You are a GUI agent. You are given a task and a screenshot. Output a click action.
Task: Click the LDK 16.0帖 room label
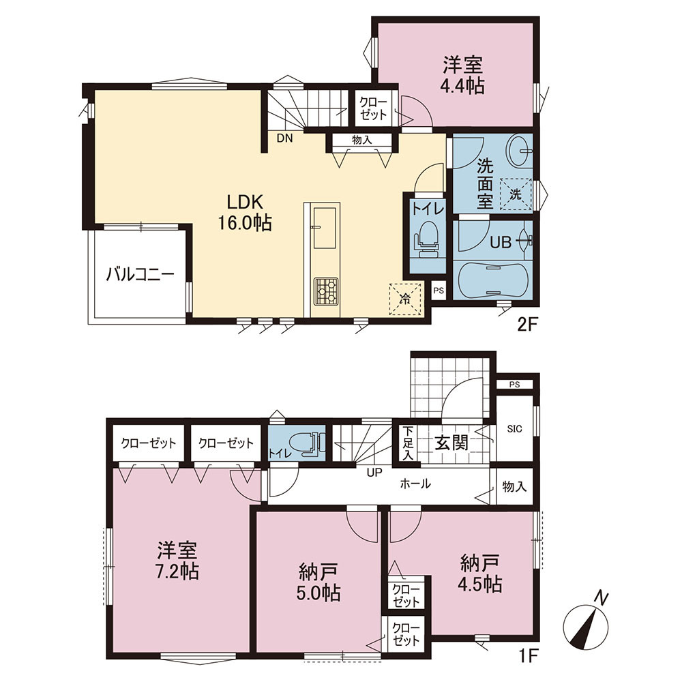245,212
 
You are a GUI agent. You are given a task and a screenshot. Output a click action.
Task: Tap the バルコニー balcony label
140,274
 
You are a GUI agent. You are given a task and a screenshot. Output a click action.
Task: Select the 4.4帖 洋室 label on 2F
463,75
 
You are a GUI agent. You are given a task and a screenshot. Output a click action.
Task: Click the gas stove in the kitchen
326,290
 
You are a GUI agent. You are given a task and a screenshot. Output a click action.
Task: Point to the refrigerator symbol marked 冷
405,299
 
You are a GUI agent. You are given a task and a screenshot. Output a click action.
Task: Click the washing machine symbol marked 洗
516,194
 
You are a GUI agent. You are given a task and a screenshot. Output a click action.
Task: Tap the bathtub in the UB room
492,280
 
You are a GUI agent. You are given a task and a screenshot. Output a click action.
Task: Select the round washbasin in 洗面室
518,151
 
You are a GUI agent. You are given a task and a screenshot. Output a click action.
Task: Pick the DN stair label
285,138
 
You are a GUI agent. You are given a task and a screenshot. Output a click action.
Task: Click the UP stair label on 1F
374,473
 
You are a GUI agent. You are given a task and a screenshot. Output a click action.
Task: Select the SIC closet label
514,429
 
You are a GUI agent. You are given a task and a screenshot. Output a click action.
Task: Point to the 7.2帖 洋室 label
177,561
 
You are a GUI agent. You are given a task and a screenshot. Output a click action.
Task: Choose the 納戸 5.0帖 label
318,582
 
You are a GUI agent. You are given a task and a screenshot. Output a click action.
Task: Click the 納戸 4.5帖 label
479,574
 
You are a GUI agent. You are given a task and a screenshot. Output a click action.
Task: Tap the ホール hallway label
415,484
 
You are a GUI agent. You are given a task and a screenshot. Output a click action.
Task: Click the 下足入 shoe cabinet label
407,443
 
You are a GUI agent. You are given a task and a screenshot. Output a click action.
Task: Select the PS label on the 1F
514,385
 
